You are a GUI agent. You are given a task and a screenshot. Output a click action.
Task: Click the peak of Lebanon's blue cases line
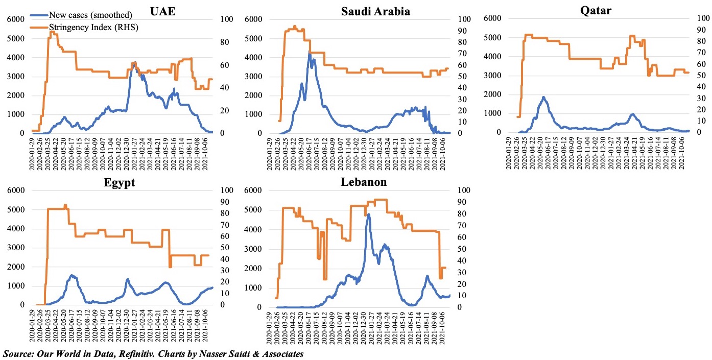[368, 214]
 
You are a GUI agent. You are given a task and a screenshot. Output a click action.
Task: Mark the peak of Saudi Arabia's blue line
[310, 53]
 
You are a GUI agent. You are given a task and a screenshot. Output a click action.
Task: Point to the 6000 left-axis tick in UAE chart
[15, 19]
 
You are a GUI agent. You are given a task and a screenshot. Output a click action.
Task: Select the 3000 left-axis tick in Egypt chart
[15, 248]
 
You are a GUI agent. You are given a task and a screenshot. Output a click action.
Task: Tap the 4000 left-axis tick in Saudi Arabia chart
[254, 57]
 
